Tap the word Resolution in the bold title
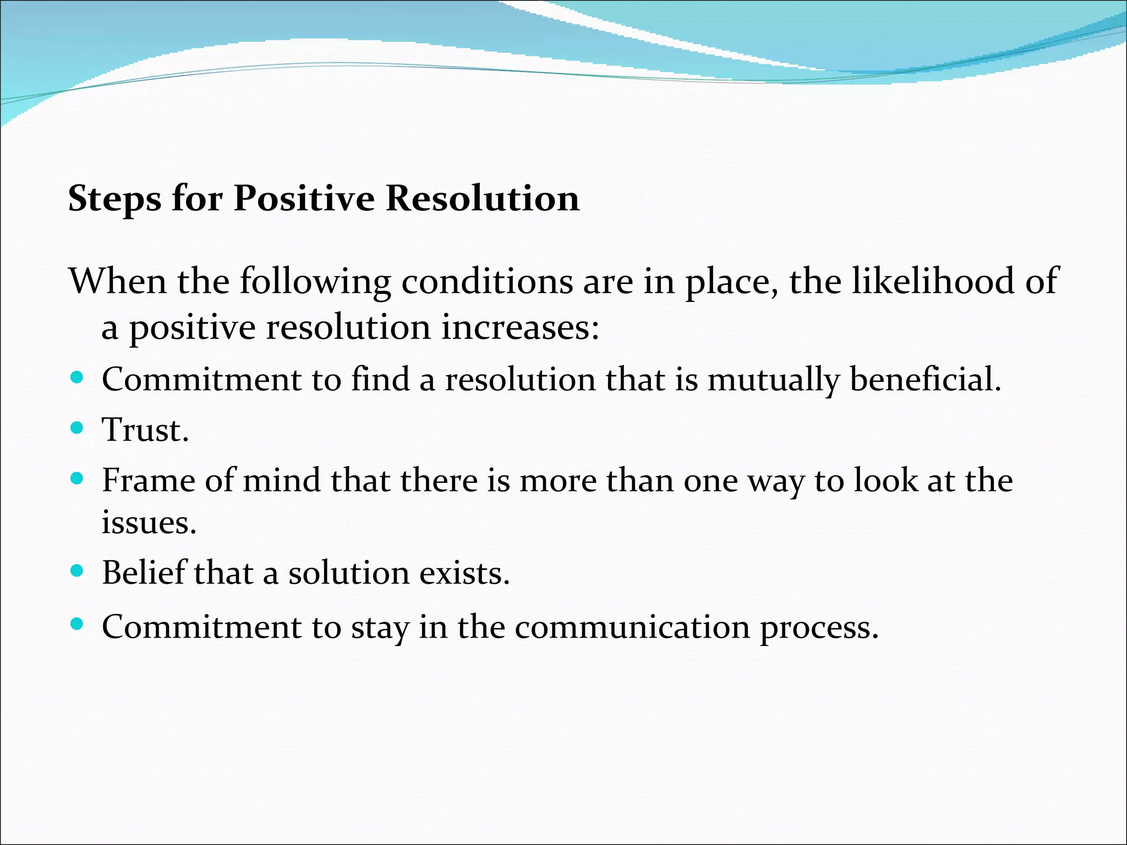click(x=482, y=198)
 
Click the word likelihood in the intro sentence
click(x=933, y=282)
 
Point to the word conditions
click(x=486, y=282)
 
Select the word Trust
click(x=145, y=430)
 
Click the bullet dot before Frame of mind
click(x=77, y=479)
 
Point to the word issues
click(x=149, y=522)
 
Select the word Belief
click(x=144, y=573)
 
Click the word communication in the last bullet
click(x=632, y=627)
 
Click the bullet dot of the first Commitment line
click(x=77, y=378)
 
